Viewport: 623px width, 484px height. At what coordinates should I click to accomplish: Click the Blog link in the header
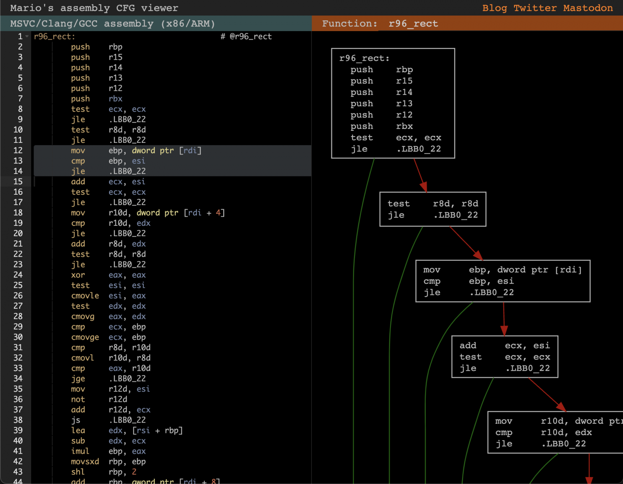coord(494,8)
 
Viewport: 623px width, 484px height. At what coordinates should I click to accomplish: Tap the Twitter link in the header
coord(535,8)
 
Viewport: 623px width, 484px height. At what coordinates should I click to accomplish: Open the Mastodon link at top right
coord(588,8)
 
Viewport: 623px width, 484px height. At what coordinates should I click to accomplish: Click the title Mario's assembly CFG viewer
coord(94,8)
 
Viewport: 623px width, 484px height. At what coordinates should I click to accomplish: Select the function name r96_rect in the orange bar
coord(413,24)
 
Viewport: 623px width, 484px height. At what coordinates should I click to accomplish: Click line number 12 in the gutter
coord(18,150)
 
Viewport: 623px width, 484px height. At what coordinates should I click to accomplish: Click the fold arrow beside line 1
coord(27,36)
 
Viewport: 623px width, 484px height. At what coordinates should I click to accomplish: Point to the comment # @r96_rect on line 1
coord(246,36)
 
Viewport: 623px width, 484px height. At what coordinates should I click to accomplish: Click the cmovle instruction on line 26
coord(85,296)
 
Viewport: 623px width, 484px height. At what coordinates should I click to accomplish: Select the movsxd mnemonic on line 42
coord(85,461)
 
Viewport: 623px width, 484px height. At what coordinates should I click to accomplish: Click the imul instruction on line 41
coord(80,451)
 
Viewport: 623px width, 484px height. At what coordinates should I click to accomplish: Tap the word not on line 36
coord(78,399)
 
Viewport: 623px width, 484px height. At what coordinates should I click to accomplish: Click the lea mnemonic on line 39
coord(78,431)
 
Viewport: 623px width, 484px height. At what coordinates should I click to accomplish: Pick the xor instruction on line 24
coord(78,275)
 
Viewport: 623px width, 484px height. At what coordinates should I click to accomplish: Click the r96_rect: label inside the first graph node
coord(364,58)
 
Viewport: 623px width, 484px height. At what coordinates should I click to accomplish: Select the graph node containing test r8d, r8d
coord(433,209)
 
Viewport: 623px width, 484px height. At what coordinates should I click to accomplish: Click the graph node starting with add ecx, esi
coord(505,357)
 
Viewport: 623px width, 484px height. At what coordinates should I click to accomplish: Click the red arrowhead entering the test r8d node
coord(423,187)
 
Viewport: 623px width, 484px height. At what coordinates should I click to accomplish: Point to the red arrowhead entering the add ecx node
coord(504,330)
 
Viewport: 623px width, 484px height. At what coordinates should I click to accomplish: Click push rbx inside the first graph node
coord(382,126)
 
